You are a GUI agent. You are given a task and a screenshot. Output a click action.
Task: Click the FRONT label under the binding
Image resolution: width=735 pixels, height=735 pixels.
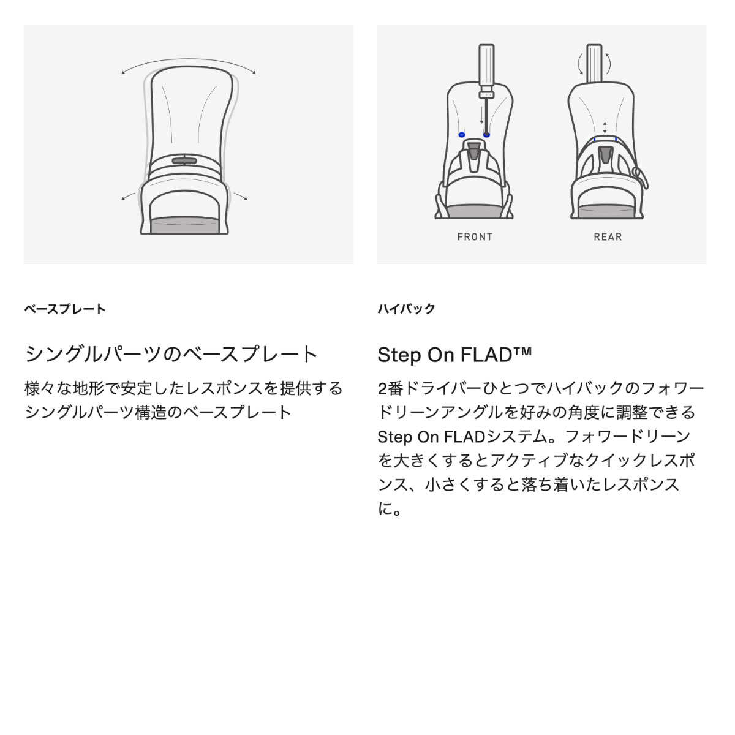point(475,237)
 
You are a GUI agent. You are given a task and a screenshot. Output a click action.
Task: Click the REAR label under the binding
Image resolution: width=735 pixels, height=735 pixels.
point(608,237)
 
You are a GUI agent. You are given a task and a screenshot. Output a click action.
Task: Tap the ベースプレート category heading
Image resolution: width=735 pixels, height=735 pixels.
point(65,309)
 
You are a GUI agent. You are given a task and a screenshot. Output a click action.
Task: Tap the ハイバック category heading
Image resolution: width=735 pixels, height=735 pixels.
point(406,309)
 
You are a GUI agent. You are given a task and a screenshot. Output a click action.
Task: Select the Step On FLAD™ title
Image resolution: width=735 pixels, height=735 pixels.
point(454,355)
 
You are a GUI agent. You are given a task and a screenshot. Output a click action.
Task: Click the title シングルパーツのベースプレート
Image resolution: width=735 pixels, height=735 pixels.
point(171,355)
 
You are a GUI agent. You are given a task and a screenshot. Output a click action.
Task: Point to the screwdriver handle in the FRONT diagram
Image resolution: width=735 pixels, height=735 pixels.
point(486,68)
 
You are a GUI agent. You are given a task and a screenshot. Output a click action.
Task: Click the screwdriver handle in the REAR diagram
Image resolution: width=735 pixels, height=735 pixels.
point(594,63)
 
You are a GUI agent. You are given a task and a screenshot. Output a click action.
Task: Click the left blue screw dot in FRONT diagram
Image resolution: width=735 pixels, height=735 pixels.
point(462,135)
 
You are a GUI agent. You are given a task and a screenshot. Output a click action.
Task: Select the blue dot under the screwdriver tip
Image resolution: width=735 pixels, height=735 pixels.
point(486,135)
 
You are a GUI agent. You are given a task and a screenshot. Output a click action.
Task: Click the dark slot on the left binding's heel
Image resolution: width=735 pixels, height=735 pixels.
point(184,160)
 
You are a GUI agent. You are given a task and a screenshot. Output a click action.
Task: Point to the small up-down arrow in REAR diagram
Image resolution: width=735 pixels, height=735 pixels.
point(605,127)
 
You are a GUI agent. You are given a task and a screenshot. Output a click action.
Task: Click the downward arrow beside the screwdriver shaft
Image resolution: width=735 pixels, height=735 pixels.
point(482,115)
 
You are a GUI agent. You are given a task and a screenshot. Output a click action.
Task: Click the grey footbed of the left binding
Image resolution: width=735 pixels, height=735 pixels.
point(184,225)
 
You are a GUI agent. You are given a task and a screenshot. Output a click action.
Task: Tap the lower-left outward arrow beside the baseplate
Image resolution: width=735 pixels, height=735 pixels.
point(128,197)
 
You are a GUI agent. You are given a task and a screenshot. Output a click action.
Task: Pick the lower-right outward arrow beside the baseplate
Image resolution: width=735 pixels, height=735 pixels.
point(241,196)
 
